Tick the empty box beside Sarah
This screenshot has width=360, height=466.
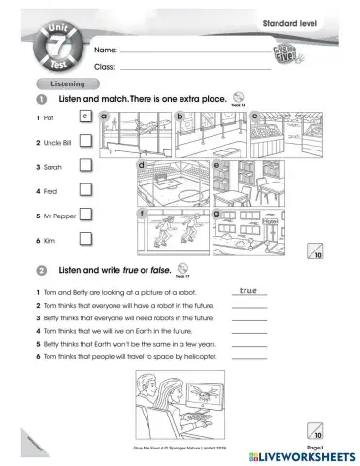[85, 166]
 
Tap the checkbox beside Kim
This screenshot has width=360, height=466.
[85, 238]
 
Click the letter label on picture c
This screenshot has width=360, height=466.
[254, 116]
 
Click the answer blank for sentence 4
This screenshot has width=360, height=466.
[249, 330]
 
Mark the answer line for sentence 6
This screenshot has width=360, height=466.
[249, 356]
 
